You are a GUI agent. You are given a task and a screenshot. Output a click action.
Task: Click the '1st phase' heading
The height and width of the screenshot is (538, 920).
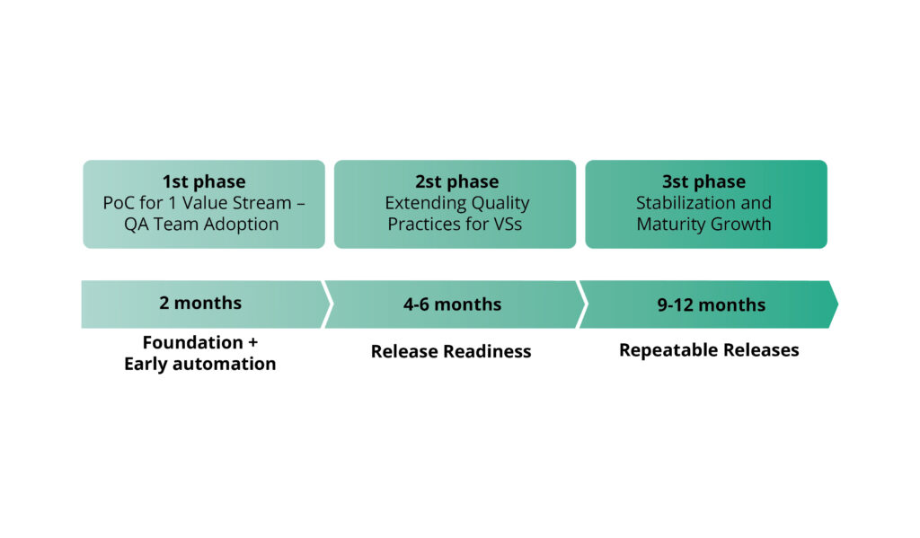point(204,181)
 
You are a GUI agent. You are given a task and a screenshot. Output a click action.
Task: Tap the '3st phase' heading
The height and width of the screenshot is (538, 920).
point(704,181)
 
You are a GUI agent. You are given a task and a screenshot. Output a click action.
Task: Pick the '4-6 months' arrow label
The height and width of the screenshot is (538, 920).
point(451,304)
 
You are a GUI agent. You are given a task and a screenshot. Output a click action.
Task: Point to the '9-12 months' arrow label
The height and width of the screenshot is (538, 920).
point(711,304)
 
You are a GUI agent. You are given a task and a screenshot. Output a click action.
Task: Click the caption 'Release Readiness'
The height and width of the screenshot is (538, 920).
point(451,351)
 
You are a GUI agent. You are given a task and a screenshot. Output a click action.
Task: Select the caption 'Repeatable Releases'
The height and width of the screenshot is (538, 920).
point(709,349)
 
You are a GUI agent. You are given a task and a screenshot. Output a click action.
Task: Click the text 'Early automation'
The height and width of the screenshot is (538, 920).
point(200,364)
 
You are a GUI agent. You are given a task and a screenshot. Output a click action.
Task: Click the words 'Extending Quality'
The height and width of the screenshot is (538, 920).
point(457,203)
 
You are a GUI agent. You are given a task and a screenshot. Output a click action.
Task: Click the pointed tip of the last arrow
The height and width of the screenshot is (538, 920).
point(836,304)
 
